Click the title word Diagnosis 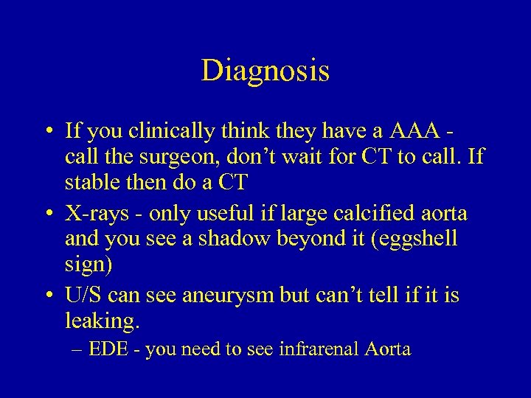[x=265, y=71]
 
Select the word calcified [x=378, y=214]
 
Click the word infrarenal [x=319, y=349]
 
